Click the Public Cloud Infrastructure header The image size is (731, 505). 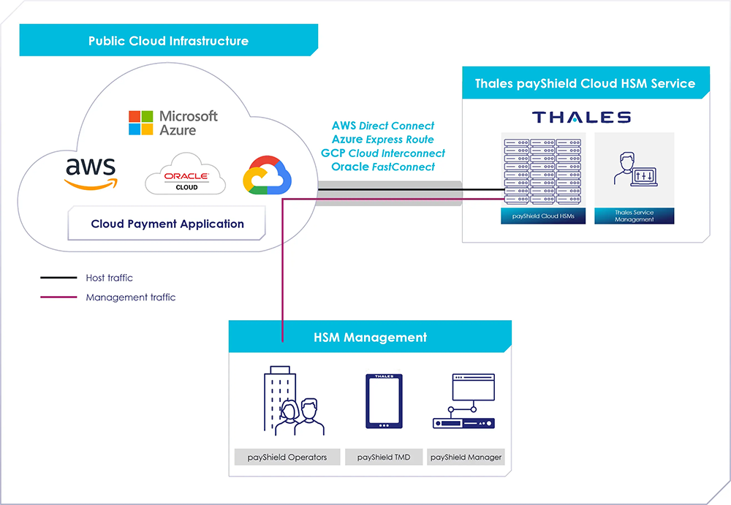(x=168, y=41)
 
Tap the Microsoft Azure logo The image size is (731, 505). (x=173, y=123)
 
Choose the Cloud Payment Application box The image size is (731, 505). (x=167, y=224)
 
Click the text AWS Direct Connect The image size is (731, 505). (x=382, y=126)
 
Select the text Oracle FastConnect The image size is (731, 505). (x=382, y=167)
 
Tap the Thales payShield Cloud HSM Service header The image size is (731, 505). (x=585, y=83)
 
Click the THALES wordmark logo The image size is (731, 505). (x=581, y=118)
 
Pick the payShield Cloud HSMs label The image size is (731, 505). (x=543, y=216)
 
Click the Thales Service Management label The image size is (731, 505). (x=634, y=216)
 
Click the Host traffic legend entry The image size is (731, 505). (x=109, y=278)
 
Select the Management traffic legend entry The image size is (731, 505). (x=130, y=297)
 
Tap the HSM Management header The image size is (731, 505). (x=370, y=338)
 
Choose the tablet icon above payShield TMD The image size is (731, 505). (x=384, y=401)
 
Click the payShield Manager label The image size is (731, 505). (x=466, y=457)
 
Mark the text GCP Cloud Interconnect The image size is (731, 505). (x=382, y=153)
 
